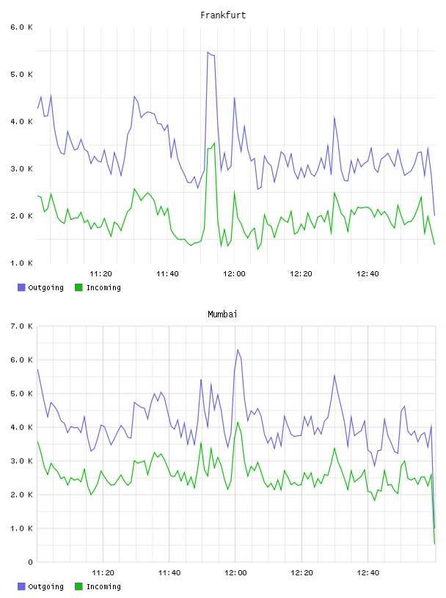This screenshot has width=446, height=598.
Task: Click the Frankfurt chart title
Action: (223, 15)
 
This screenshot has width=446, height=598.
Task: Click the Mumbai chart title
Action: (222, 314)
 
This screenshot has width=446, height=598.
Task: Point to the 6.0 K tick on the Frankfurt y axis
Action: (22, 27)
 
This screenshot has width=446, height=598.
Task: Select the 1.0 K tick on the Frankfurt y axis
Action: (22, 263)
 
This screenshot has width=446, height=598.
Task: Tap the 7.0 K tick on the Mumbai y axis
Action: (22, 326)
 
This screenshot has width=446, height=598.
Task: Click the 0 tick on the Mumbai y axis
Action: (30, 562)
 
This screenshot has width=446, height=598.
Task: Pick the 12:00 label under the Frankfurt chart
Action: (234, 274)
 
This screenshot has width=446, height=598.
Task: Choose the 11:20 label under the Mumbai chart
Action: (103, 573)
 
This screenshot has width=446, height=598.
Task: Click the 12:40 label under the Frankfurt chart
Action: (368, 274)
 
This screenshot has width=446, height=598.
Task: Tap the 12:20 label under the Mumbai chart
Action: (301, 573)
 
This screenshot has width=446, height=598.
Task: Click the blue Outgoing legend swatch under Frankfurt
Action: (21, 287)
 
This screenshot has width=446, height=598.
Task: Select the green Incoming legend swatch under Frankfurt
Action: (78, 287)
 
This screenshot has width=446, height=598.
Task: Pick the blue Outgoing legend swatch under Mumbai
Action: (21, 586)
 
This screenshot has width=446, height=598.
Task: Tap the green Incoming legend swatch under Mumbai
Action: (78, 586)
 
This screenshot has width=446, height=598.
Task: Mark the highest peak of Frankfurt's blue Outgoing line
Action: (208, 52)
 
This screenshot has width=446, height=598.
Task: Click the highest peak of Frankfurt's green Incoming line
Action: (215, 143)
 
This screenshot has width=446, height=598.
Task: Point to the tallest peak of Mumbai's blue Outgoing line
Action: (238, 350)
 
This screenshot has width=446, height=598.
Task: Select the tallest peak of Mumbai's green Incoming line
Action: (238, 422)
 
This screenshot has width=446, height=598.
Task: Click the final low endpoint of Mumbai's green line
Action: (434, 544)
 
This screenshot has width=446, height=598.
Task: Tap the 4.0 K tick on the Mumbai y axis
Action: (22, 427)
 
